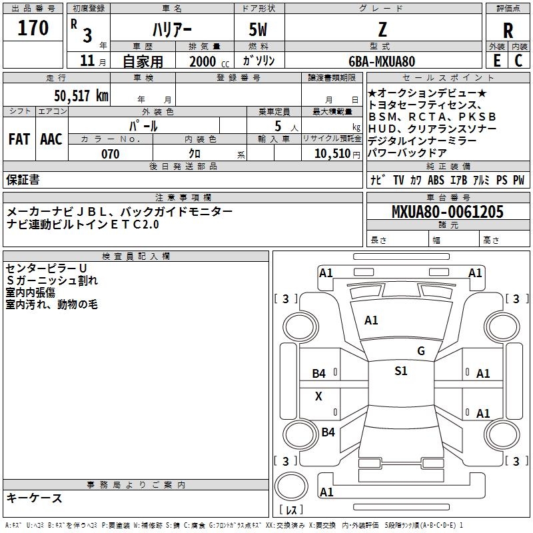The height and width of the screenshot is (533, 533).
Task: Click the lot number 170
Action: tap(33, 28)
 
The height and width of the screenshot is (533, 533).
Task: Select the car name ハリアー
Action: tap(171, 29)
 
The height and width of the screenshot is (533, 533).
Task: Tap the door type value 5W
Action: tap(259, 29)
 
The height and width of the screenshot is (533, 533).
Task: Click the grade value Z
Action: tap(382, 29)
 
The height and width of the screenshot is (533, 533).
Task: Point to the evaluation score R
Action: tap(508, 30)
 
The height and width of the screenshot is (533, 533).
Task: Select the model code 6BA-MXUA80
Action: tap(382, 61)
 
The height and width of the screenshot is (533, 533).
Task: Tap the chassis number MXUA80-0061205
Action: tap(447, 212)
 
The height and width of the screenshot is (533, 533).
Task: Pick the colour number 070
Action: tap(110, 154)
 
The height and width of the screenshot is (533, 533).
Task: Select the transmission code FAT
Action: tap(19, 139)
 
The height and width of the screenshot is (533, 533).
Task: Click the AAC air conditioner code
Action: tap(51, 139)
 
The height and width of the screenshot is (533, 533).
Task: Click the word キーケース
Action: tap(34, 498)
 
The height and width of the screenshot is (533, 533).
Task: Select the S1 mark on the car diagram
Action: tap(400, 371)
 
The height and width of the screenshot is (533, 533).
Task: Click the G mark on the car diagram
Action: tap(420, 351)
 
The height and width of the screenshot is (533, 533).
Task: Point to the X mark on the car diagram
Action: tap(318, 396)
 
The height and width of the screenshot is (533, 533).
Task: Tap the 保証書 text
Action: tap(23, 180)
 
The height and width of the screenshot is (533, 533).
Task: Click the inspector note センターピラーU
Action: tap(47, 268)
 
